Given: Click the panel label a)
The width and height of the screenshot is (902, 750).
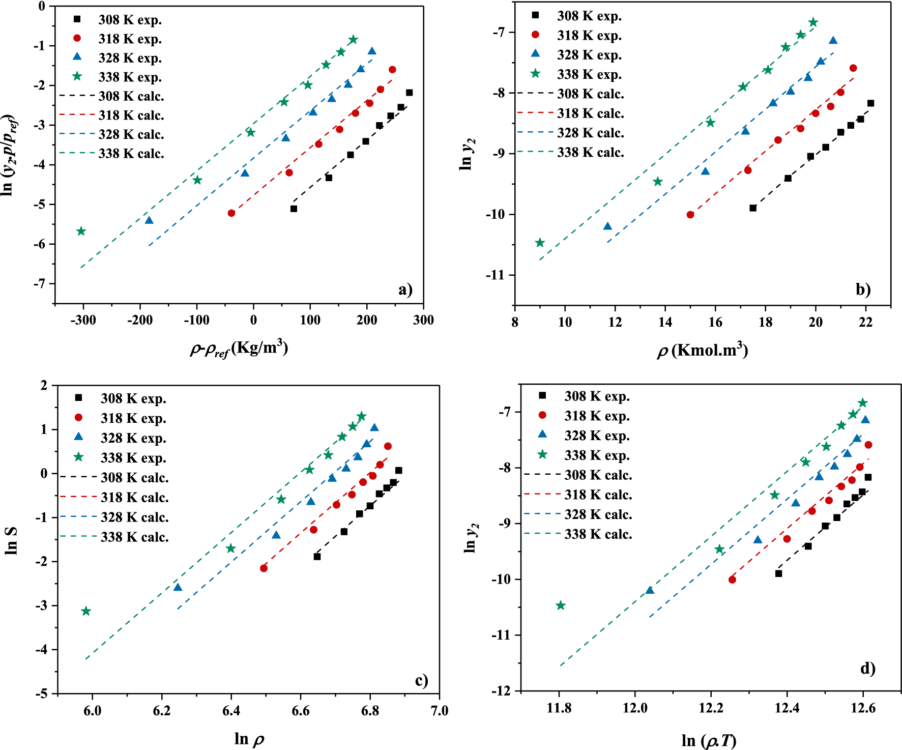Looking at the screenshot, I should pyautogui.click(x=405, y=290).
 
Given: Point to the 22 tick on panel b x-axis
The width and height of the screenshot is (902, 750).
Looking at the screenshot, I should pyautogui.click(x=865, y=322).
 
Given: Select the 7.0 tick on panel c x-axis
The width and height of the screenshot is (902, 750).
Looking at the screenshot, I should pyautogui.click(x=439, y=711).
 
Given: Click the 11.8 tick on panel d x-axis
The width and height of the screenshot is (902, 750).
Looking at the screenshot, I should pyautogui.click(x=559, y=708).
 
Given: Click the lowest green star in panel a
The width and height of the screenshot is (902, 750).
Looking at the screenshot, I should pyautogui.click(x=81, y=232).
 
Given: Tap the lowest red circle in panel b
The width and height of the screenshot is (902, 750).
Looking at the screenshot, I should pyautogui.click(x=690, y=215).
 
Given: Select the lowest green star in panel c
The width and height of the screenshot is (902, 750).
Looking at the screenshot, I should pyautogui.click(x=86, y=611).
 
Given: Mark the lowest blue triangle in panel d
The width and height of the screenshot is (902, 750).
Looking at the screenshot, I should pyautogui.click(x=650, y=590).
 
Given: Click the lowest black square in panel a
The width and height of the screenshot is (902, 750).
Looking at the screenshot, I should pyautogui.click(x=294, y=209).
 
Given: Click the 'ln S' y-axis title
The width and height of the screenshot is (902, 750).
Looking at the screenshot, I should pyautogui.click(x=11, y=540).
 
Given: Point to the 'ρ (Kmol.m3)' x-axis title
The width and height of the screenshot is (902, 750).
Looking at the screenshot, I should pyautogui.click(x=702, y=351).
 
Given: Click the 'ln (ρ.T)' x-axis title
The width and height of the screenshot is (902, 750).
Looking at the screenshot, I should pyautogui.click(x=709, y=740).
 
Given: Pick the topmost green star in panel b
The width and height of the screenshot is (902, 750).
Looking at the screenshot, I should pyautogui.click(x=813, y=22).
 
